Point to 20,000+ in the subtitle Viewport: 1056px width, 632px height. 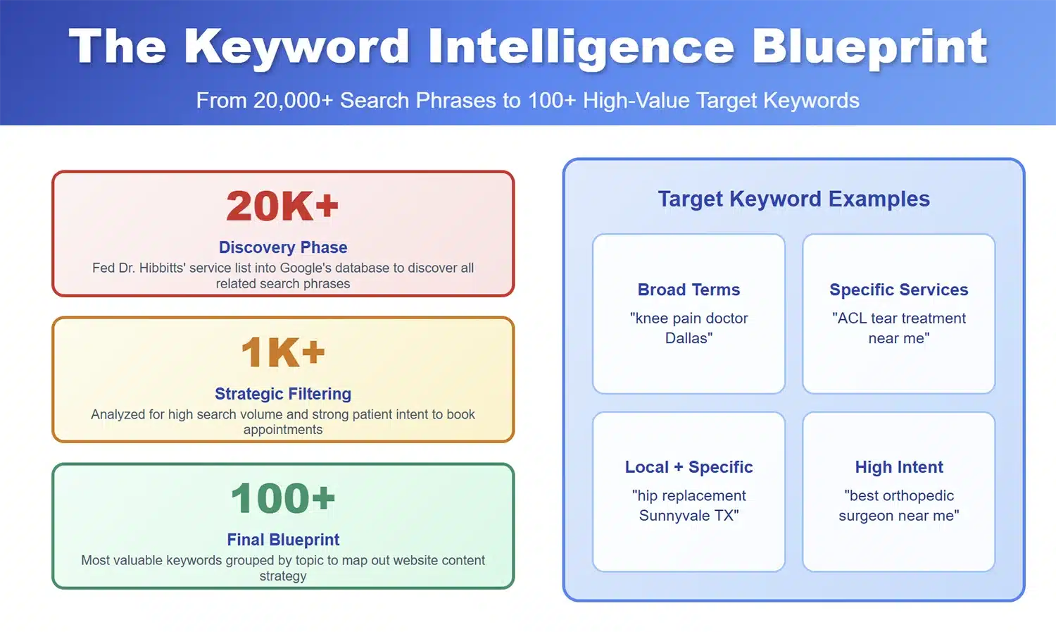click(x=294, y=101)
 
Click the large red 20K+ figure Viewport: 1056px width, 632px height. click(x=283, y=206)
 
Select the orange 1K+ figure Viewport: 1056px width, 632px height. click(x=283, y=352)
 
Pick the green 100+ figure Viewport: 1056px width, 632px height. click(x=283, y=498)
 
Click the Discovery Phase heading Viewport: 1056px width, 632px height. click(x=283, y=247)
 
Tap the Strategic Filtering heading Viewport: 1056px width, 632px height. click(x=283, y=393)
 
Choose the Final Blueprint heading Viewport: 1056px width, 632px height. click(x=283, y=540)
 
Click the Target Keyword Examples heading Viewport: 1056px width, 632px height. click(x=794, y=199)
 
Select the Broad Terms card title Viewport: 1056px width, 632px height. click(x=689, y=290)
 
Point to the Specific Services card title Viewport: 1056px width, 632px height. click(x=898, y=290)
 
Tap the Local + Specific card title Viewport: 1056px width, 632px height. click(x=689, y=467)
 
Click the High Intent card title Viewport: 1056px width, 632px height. click(x=899, y=467)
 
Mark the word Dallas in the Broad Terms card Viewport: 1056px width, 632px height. click(x=687, y=338)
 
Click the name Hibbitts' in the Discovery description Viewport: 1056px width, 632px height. click(x=160, y=268)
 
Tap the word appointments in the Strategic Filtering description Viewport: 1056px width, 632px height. click(x=283, y=430)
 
